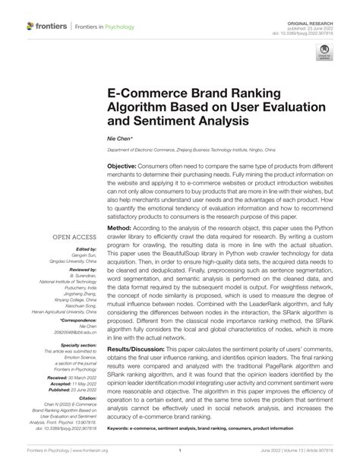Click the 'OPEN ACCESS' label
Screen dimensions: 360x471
pyautogui.click(x=74, y=237)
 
